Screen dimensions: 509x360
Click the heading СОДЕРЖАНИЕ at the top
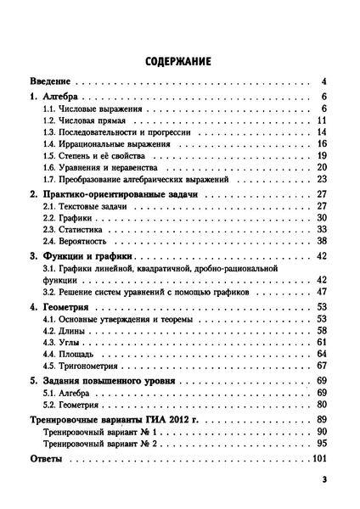tap(179, 62)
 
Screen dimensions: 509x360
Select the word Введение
tap(50, 82)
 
